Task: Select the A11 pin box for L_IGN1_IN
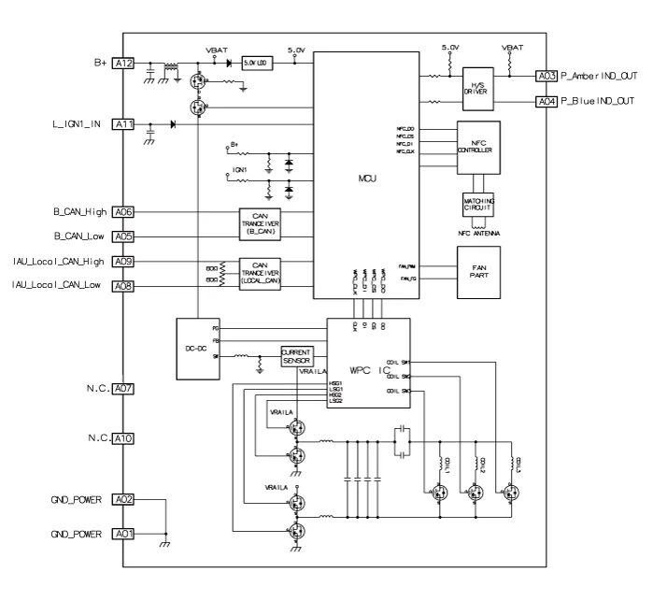123,123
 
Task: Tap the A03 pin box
547,75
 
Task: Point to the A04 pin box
547,101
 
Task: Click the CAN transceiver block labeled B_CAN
261,221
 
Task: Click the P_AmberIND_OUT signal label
600,75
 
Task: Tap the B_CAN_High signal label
72,212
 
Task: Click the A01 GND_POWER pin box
123,532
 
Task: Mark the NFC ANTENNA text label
476,233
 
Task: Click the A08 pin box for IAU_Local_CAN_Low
123,285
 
